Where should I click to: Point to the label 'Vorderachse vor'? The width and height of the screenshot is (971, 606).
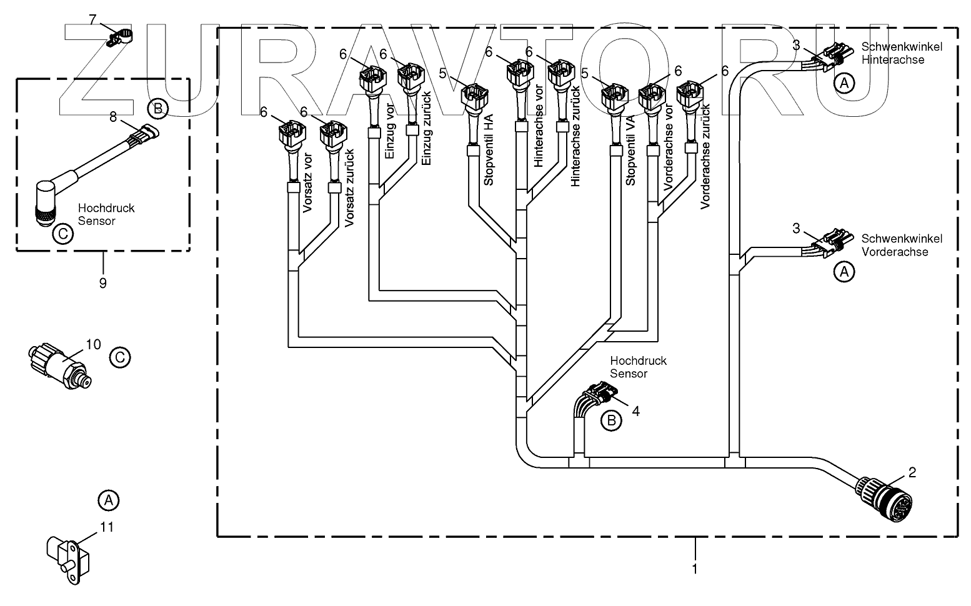click(669, 156)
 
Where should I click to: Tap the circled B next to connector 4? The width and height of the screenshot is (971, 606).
click(611, 420)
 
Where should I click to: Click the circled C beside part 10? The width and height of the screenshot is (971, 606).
click(120, 357)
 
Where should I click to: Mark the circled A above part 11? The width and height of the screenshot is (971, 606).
click(108, 500)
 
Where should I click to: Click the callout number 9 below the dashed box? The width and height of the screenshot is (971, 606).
click(102, 283)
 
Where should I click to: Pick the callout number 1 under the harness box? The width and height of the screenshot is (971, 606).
click(695, 569)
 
